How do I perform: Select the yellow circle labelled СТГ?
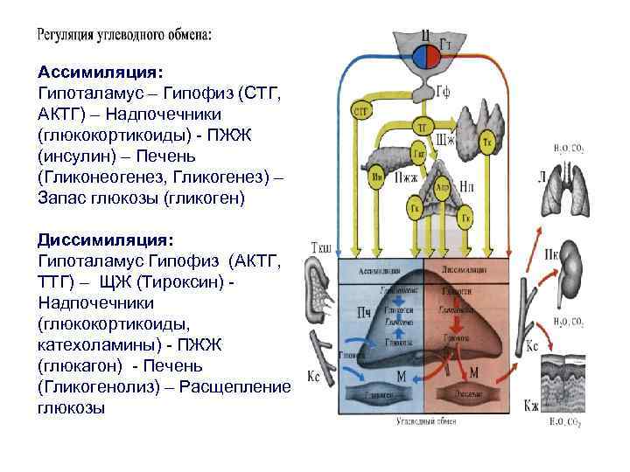360,111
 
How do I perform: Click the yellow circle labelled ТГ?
421,128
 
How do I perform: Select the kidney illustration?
572,262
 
